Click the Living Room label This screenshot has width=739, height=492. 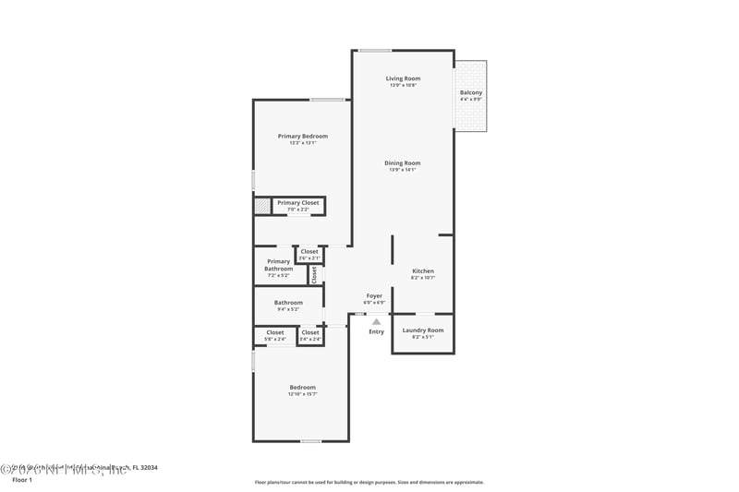point(403,79)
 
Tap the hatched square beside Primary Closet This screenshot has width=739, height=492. point(262,206)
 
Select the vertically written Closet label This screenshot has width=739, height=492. point(314,274)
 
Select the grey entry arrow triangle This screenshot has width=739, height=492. point(376,321)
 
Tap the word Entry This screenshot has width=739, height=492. point(376,331)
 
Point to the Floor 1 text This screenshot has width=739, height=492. point(22,480)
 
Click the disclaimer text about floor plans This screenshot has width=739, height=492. point(369,482)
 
